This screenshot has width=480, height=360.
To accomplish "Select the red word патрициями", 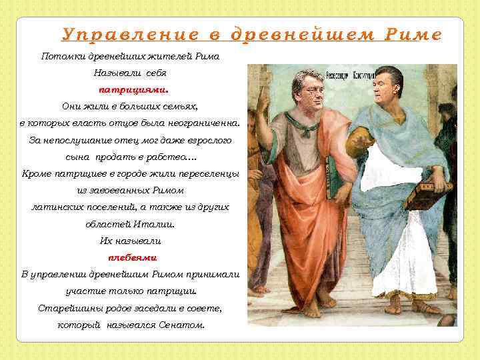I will click(x=133, y=89).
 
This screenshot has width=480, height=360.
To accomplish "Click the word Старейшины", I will click(x=66, y=308).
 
